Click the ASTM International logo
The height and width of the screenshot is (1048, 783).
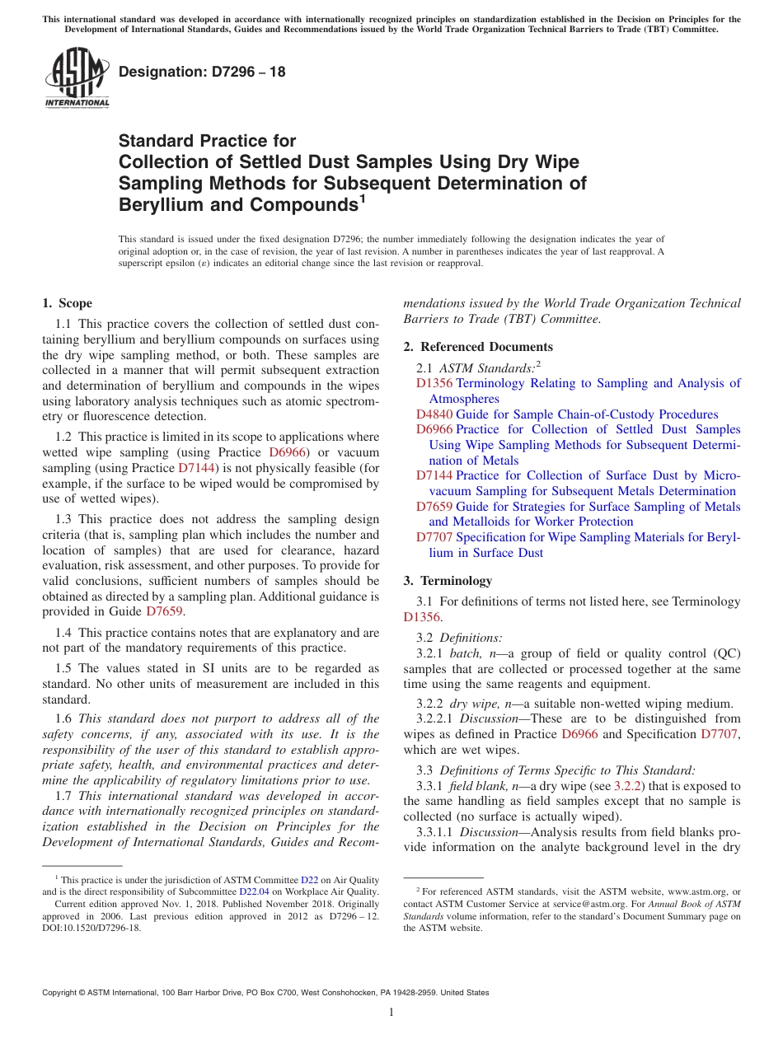[x=77, y=78]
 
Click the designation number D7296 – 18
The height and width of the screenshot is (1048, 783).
[x=203, y=72]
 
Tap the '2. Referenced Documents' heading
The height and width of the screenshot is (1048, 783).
[x=478, y=346]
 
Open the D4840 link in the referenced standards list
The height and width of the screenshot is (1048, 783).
[x=434, y=414]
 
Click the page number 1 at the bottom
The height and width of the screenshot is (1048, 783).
[x=391, y=1012]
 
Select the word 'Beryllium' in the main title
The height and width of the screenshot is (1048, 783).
[x=157, y=204]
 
